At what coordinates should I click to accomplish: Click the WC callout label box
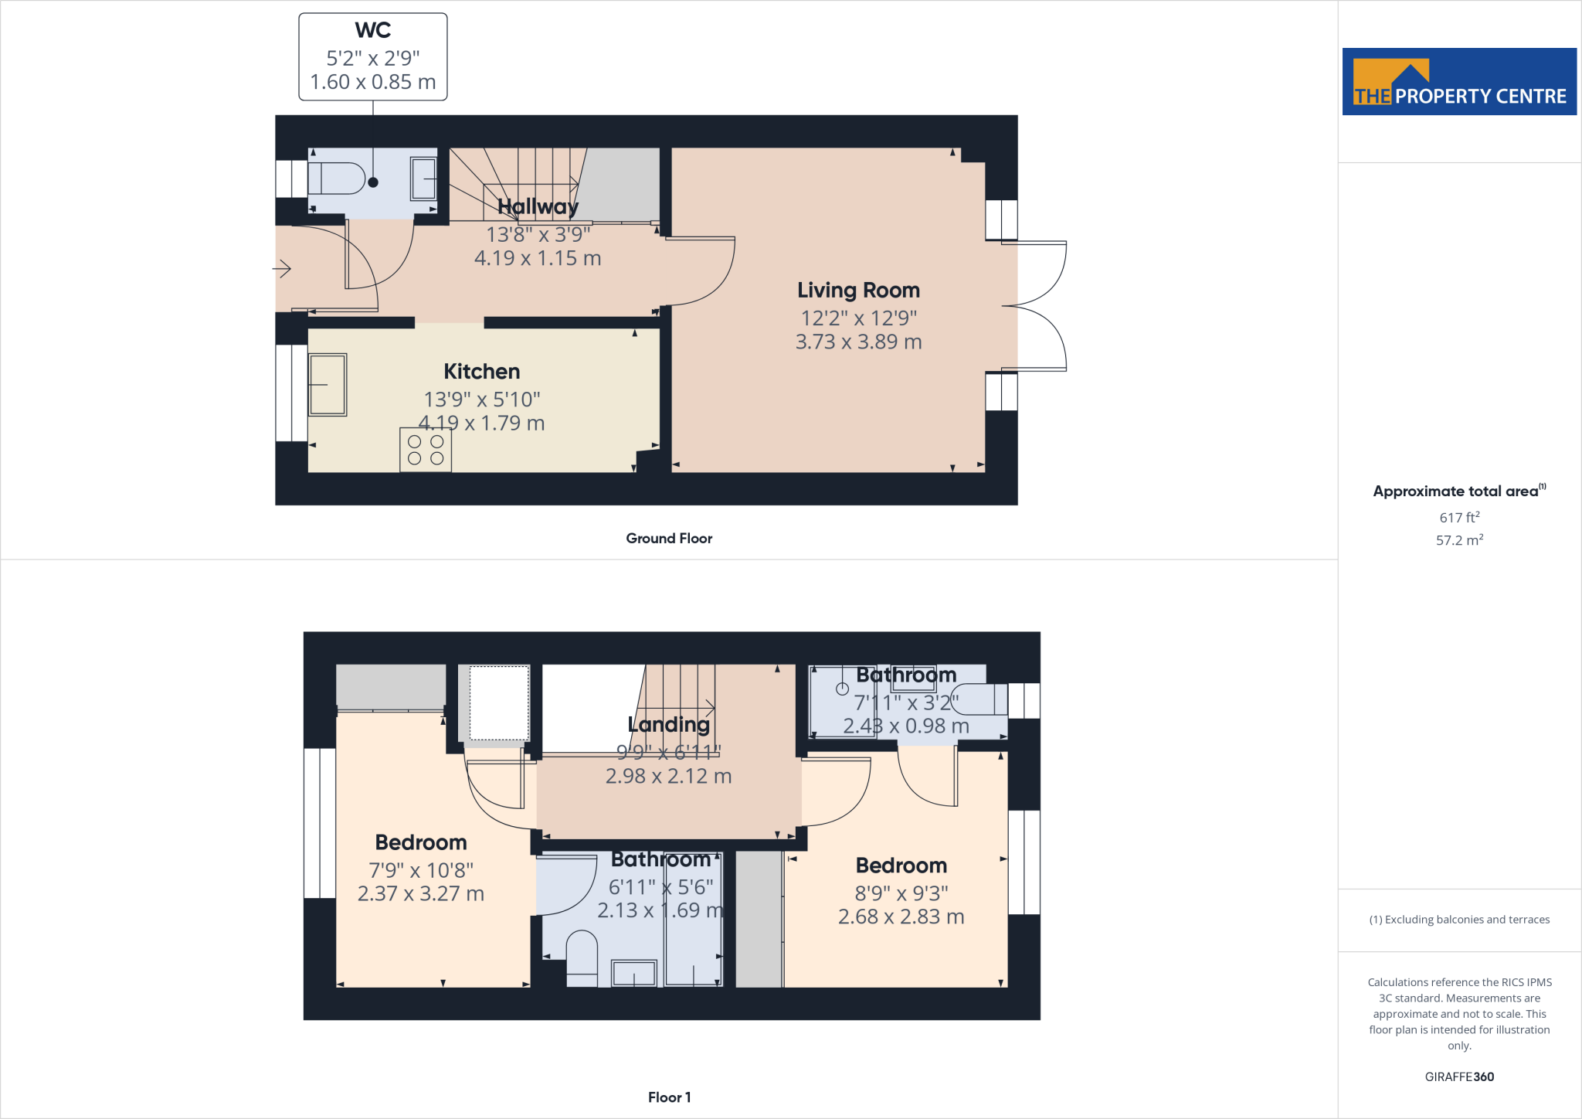click(372, 56)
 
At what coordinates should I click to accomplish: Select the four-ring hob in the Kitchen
click(426, 450)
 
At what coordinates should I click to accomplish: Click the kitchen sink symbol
click(328, 384)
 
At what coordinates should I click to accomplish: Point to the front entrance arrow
click(282, 269)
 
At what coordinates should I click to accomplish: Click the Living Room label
click(858, 291)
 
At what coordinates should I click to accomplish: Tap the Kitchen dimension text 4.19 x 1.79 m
click(481, 423)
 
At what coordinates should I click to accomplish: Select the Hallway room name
click(538, 206)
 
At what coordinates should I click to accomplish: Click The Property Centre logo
click(1458, 82)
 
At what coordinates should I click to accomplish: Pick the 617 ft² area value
click(1458, 517)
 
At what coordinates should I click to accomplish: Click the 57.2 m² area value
click(1458, 540)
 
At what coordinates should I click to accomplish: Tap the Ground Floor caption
click(669, 539)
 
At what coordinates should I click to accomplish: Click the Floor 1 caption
click(669, 1097)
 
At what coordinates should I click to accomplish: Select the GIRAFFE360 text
click(1458, 1076)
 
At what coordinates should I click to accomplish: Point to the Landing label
click(668, 725)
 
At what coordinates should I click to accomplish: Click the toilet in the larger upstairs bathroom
click(582, 958)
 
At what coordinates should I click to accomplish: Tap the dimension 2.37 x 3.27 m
click(420, 894)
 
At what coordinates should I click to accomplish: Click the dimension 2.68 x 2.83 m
click(901, 917)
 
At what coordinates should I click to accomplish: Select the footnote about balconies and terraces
click(1458, 920)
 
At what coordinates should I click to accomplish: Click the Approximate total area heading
click(1455, 491)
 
